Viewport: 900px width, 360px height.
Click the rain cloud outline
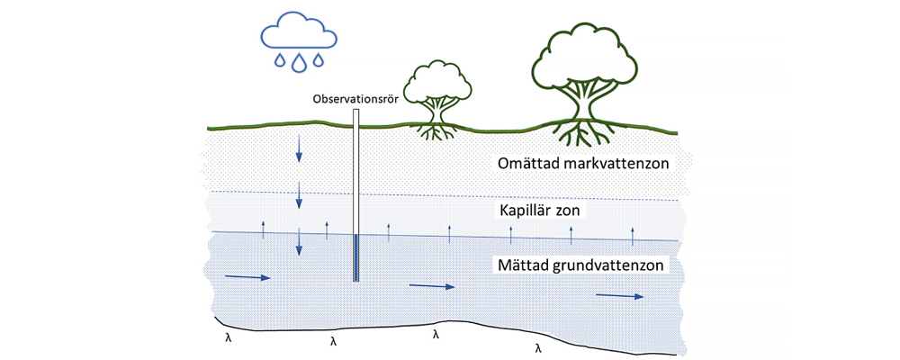pyautogui.click(x=298, y=32)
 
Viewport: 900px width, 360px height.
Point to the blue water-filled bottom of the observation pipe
pyautogui.click(x=357, y=258)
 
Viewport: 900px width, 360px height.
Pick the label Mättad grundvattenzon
pyautogui.click(x=581, y=266)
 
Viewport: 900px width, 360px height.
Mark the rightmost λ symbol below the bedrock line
pyautogui.click(x=539, y=346)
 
